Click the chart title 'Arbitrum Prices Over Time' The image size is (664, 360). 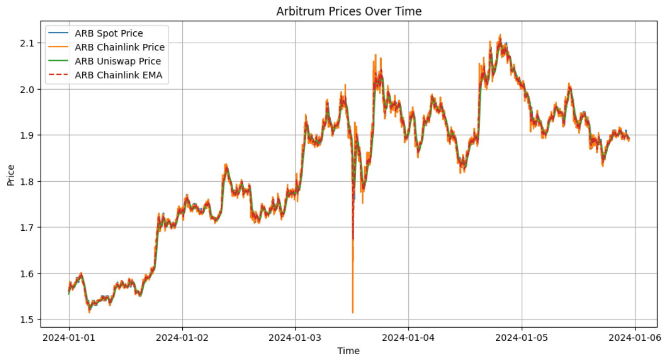pos(348,10)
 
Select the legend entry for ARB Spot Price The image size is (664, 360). pos(109,34)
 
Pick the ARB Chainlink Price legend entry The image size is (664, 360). pos(119,47)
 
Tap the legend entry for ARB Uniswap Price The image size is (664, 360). pos(118,61)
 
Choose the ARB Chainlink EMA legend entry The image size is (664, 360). pos(118,75)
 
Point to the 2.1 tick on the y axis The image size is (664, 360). pos(30,43)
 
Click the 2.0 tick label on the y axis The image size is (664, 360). pos(30,89)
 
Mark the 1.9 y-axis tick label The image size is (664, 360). pos(30,135)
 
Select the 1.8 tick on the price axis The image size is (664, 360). pos(30,181)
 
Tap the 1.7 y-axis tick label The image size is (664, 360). pos(30,228)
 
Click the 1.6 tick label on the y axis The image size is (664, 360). pos(30,274)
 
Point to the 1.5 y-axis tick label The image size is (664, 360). pos(30,320)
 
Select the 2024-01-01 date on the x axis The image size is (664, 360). pos(69,338)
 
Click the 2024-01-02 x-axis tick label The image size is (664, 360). pos(182,338)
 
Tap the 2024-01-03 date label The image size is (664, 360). pos(295,338)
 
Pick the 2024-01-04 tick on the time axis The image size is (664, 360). pos(408,338)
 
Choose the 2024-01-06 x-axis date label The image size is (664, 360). pos(635,338)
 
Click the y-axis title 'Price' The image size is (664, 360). pos(11,175)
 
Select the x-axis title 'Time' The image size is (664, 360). pos(348,351)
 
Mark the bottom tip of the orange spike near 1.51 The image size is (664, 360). pos(353,313)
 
